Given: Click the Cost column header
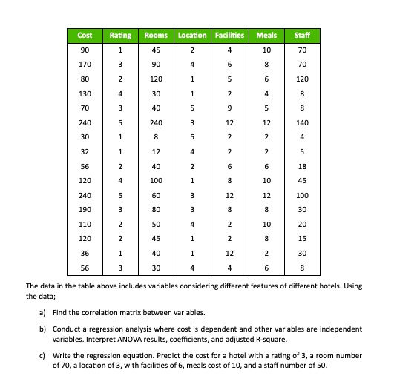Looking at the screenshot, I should [x=85, y=36].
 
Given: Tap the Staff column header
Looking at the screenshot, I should [x=301, y=36].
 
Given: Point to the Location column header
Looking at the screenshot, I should [x=192, y=36].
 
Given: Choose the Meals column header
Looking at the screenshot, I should [x=266, y=36].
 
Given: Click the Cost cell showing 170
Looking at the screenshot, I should [x=85, y=65].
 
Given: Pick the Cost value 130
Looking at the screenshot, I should [x=85, y=93].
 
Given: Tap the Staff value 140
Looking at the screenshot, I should [x=301, y=122].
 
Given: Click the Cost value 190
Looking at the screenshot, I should [x=85, y=208].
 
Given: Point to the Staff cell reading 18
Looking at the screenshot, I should [x=301, y=165].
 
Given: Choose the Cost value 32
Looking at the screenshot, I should [x=85, y=151].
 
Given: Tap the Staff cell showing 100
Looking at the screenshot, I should [x=301, y=194].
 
